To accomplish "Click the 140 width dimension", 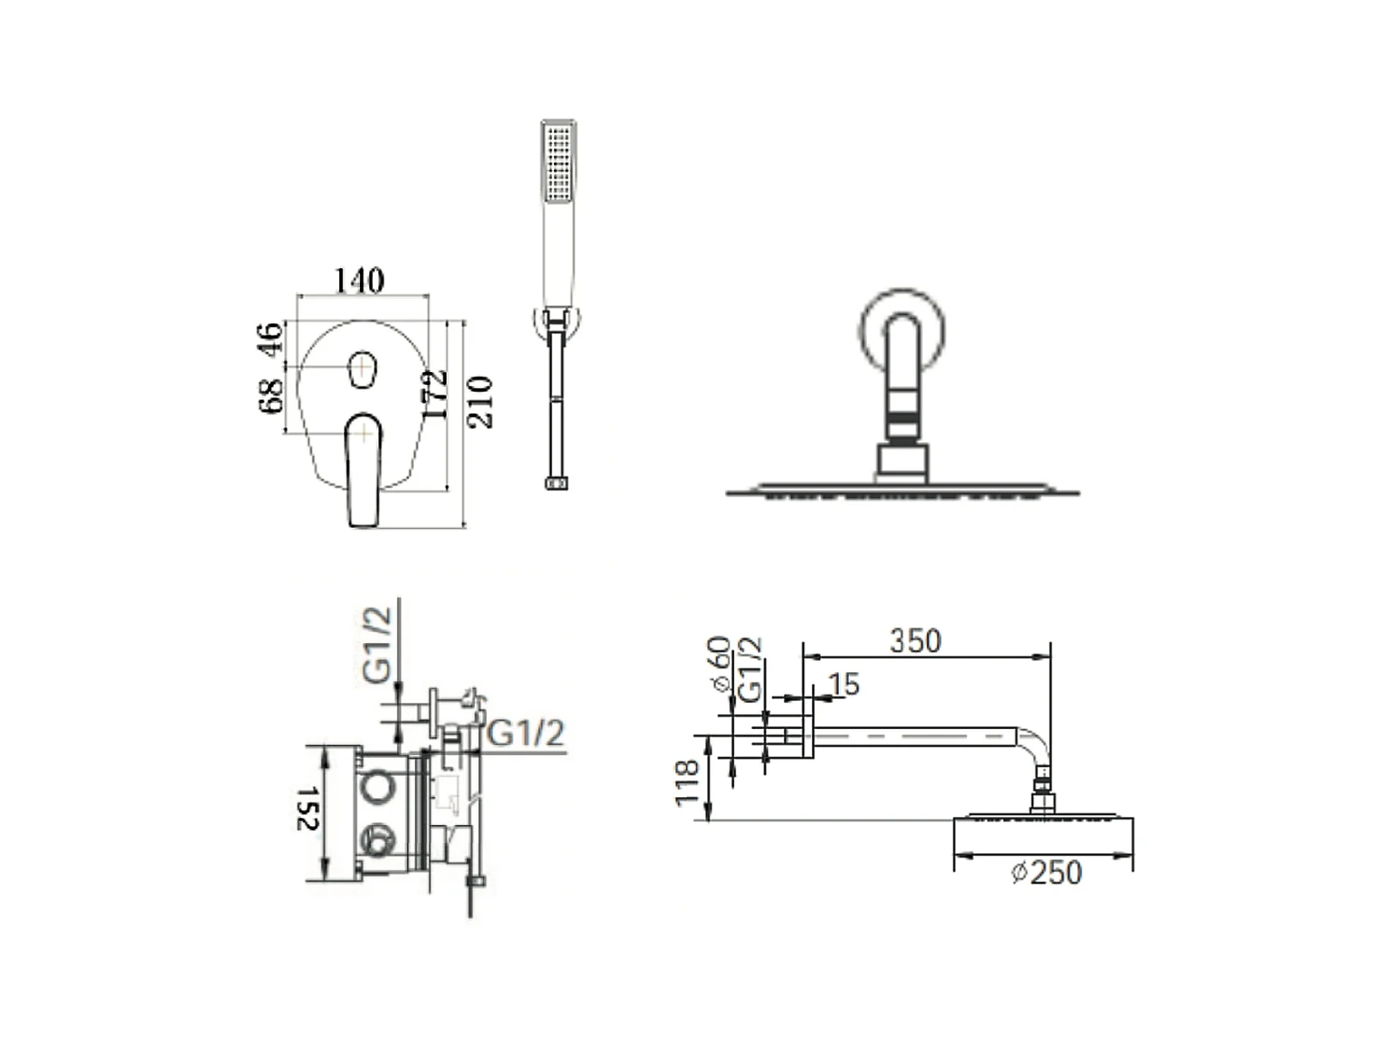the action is click(x=359, y=280).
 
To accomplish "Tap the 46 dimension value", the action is click(x=269, y=340).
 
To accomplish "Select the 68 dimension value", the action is click(x=271, y=396).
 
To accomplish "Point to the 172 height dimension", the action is click(x=435, y=393).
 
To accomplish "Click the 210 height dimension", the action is click(x=479, y=402).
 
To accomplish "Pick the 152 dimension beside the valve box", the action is click(x=307, y=808).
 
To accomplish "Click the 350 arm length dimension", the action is click(x=916, y=640).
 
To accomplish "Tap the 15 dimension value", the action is click(x=845, y=684).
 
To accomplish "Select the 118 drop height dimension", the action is click(x=687, y=783).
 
